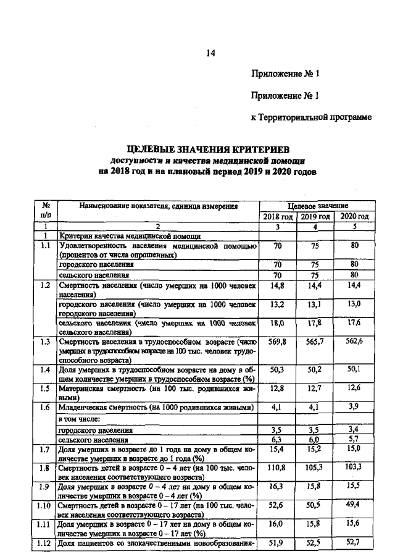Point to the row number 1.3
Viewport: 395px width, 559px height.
pyautogui.click(x=44, y=342)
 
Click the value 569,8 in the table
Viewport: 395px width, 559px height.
pyautogui.click(x=278, y=342)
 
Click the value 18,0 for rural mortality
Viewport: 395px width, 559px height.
pyautogui.click(x=278, y=322)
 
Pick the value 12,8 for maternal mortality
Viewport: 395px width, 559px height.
pyautogui.click(x=278, y=388)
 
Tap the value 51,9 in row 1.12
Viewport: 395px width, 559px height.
pyautogui.click(x=278, y=544)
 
